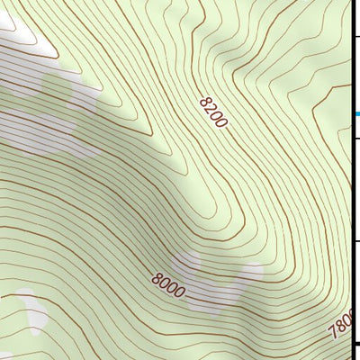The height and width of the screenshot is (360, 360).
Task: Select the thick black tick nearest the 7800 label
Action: click(355, 343)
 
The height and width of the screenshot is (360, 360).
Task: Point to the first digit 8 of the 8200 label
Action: click(204, 101)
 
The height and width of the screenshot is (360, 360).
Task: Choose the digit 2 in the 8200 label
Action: click(210, 108)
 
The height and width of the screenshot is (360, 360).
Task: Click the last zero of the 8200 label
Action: click(221, 122)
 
